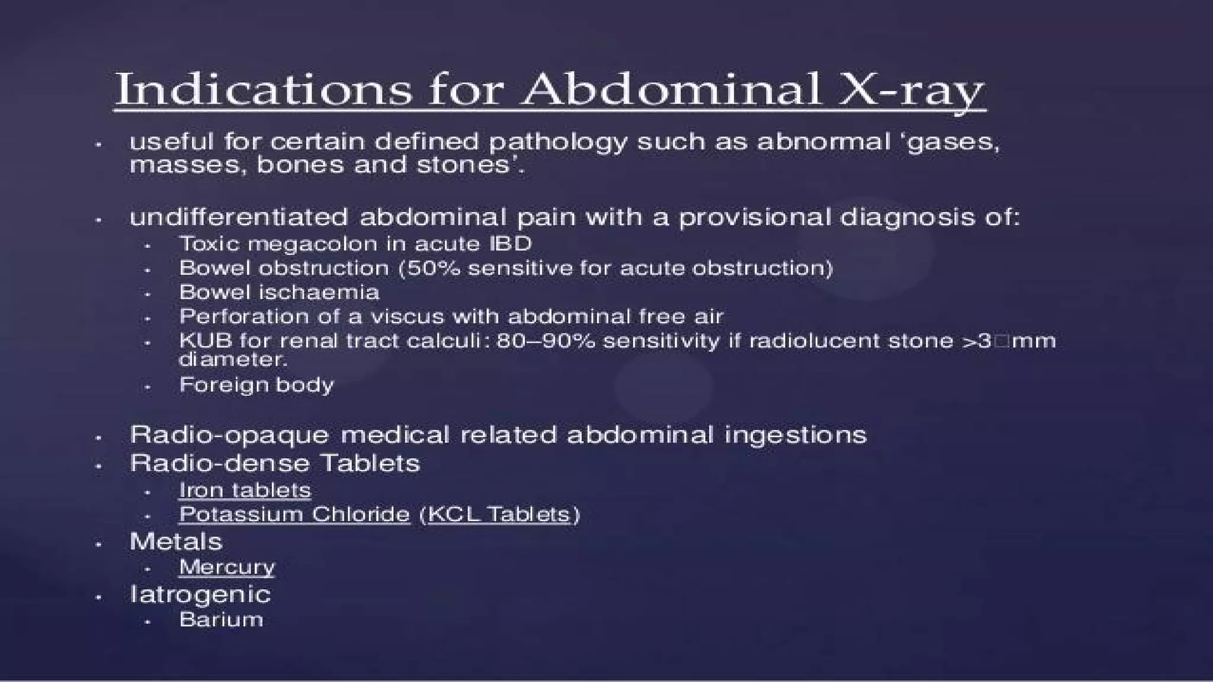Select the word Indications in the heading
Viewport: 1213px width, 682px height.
(264, 89)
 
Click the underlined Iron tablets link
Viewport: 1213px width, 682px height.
(245, 490)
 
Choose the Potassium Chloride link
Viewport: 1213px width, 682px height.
(294, 514)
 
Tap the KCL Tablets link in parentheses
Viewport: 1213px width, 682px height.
(499, 514)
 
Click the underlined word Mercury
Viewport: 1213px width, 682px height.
(227, 567)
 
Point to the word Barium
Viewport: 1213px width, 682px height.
(221, 619)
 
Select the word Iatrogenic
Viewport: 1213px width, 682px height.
(200, 594)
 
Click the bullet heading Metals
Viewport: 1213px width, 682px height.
(176, 542)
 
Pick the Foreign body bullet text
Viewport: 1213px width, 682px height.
(256, 385)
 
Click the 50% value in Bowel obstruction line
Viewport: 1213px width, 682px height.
(432, 268)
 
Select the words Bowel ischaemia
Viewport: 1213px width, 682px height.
(279, 292)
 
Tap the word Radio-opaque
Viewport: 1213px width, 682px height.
(229, 435)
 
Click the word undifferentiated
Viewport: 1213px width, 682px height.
(239, 217)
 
